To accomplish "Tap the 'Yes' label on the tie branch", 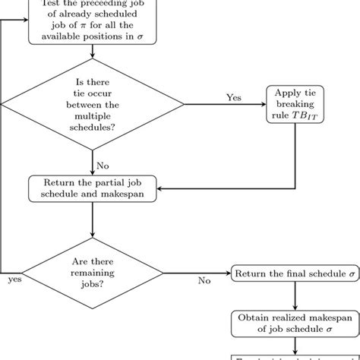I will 235,96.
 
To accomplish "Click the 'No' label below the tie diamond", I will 103,165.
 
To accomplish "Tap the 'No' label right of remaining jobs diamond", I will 204,280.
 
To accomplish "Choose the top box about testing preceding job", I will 92,21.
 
